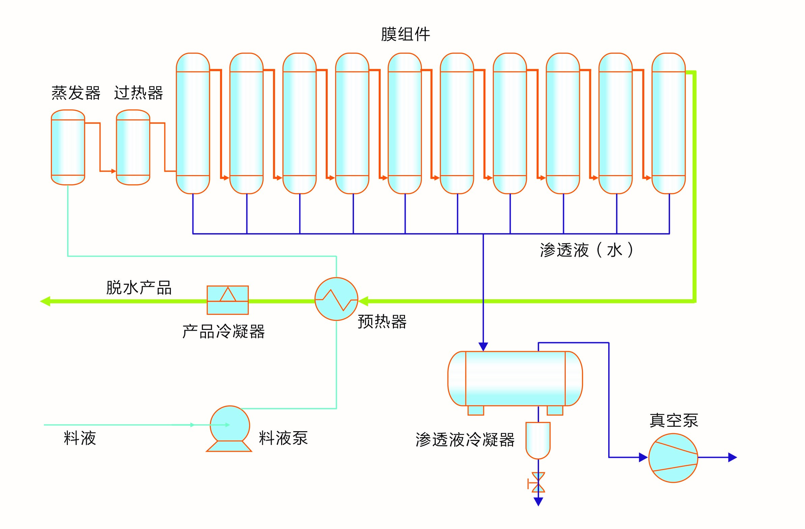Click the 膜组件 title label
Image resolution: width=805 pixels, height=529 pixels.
point(405,34)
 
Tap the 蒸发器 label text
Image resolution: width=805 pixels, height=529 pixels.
point(76,93)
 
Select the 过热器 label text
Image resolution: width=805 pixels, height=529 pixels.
point(138,93)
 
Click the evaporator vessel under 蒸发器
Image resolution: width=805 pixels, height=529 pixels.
point(68,147)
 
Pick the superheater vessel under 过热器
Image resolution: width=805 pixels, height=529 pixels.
point(133,147)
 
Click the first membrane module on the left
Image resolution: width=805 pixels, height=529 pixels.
point(193,123)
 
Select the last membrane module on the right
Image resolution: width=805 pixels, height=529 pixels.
point(668,123)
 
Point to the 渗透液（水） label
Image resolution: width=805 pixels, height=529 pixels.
point(586,250)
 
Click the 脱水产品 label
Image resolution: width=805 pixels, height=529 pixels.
point(139,288)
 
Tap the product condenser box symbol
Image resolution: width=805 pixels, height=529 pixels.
point(227,300)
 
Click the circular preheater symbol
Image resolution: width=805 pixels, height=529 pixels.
point(336,299)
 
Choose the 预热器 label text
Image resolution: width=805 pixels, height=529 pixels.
point(382,321)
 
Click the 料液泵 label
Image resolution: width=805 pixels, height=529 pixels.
point(283,438)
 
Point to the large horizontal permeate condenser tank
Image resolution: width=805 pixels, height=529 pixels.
point(515,379)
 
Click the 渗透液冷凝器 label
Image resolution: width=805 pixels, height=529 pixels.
point(465,440)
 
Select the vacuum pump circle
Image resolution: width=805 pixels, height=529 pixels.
point(673,458)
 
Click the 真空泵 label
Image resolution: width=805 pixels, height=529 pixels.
point(674,420)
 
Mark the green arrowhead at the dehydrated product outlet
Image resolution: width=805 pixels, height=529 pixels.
point(45,301)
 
